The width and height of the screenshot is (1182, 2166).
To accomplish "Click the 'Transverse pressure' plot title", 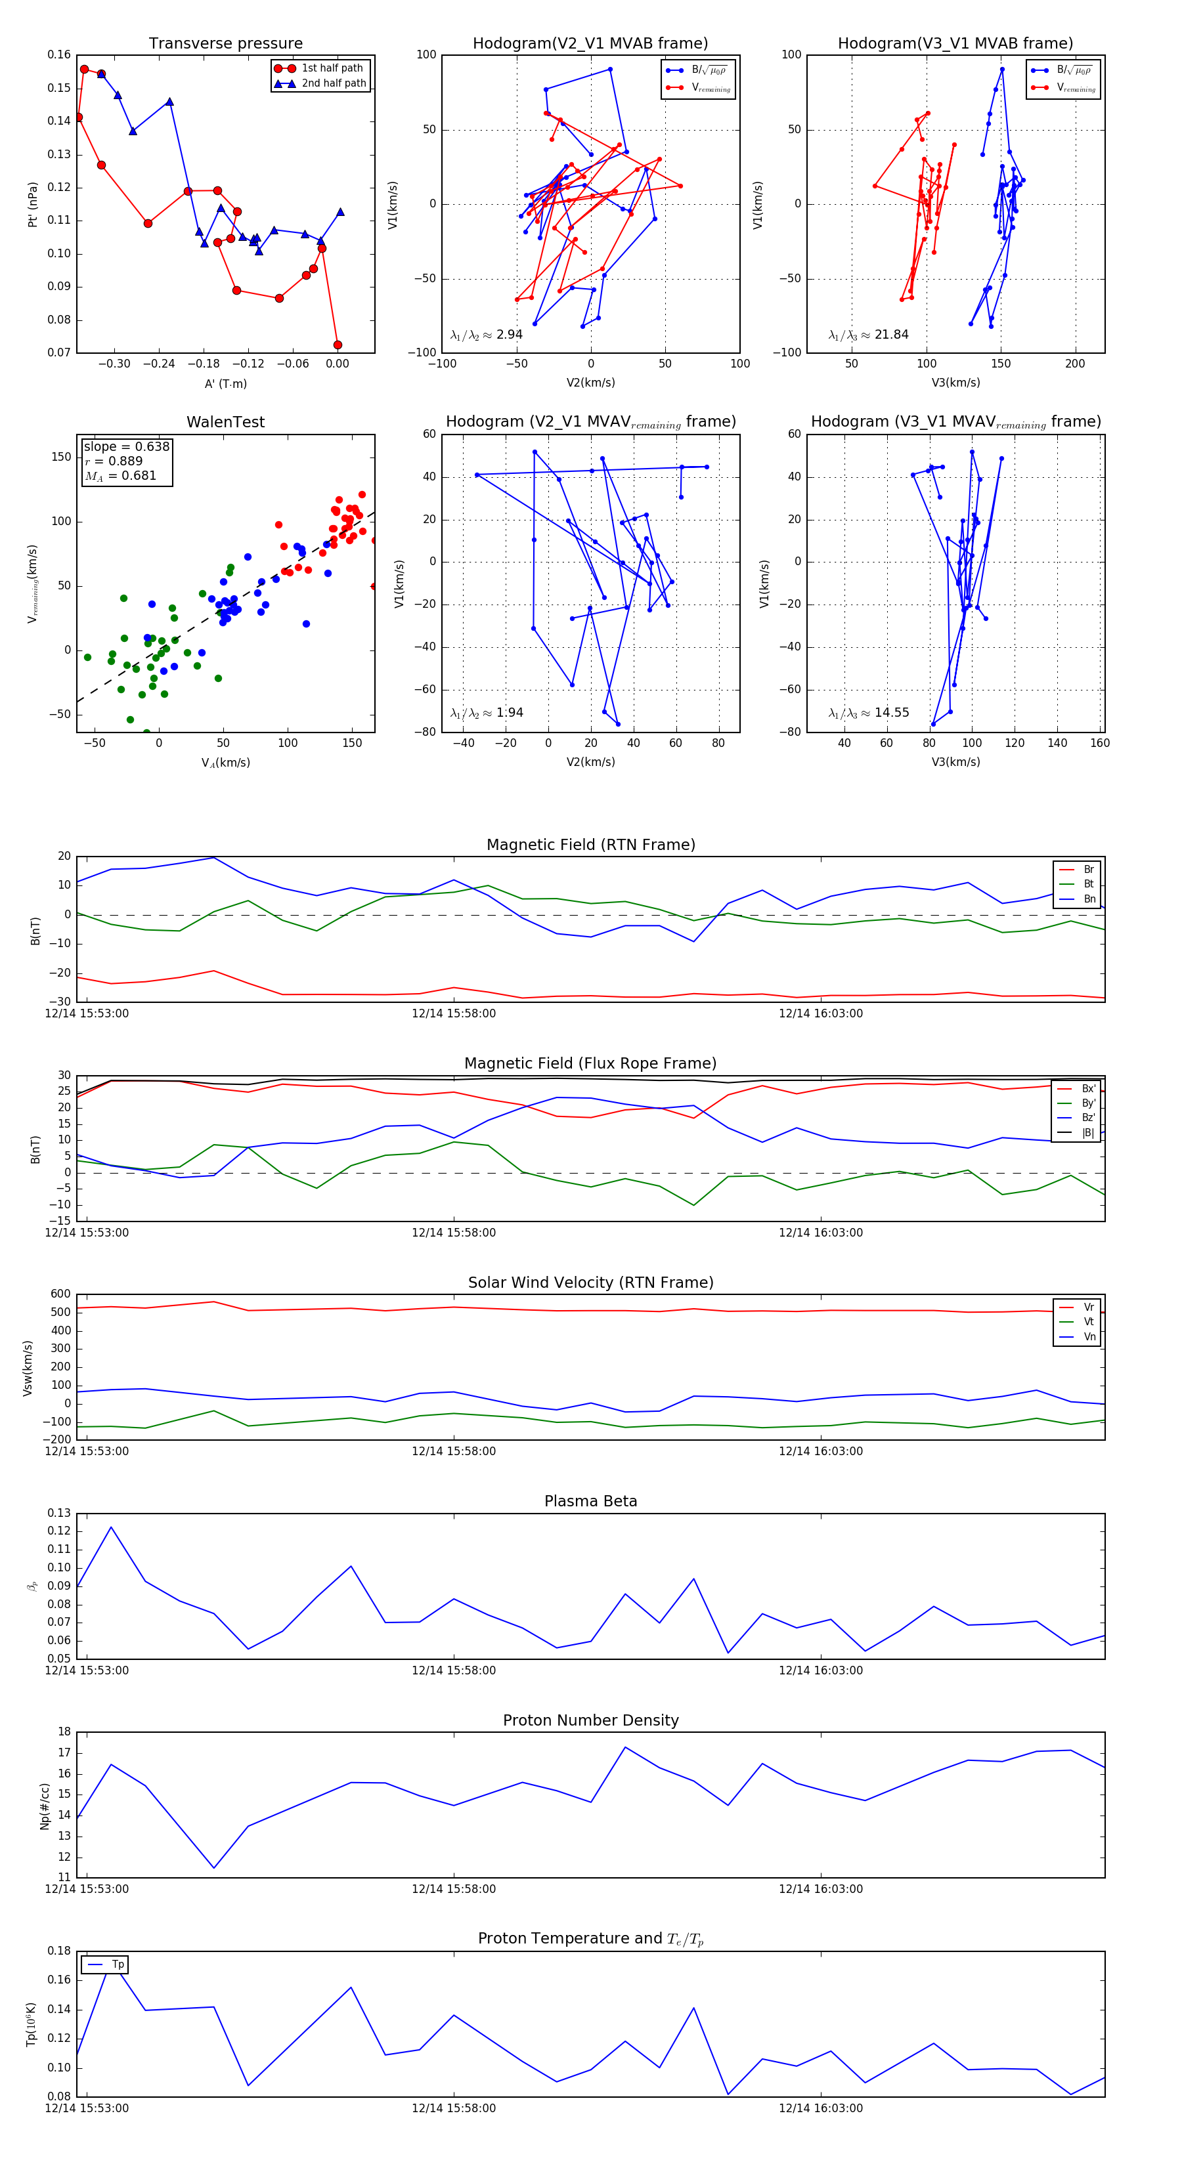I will point(225,44).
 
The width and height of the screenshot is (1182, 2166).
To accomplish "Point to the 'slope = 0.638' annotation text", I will point(126,446).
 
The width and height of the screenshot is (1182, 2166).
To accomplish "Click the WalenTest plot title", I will point(225,422).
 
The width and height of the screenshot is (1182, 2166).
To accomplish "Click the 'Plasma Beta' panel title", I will point(590,1502).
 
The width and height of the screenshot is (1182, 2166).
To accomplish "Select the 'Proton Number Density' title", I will point(590,1720).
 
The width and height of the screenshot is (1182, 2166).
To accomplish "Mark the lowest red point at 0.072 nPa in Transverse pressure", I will point(338,345).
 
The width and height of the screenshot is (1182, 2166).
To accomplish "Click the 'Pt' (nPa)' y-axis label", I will point(33,204).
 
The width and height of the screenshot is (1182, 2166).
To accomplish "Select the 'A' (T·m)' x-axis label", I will point(225,383).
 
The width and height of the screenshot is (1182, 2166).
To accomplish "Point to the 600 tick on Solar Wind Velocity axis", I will point(60,1294).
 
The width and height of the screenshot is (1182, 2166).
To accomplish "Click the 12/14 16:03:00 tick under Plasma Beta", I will point(820,1670).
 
